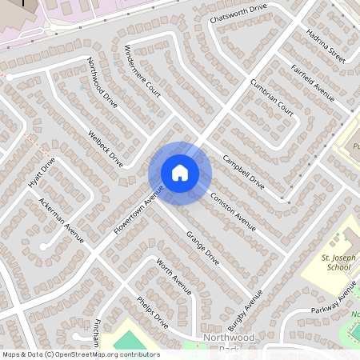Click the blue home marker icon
pyautogui.click(x=180, y=173)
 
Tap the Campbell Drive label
pyautogui.click(x=242, y=171)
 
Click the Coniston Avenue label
pyautogui.click(x=233, y=210)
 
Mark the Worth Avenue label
pyautogui.click(x=174, y=277)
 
